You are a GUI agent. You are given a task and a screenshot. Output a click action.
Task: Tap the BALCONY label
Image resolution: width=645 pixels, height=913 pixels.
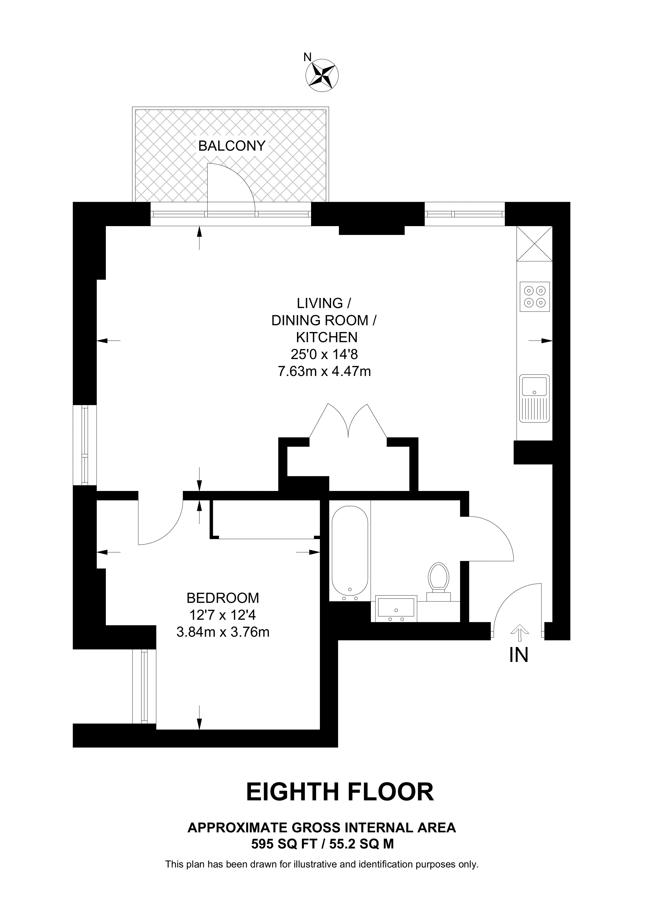(x=232, y=146)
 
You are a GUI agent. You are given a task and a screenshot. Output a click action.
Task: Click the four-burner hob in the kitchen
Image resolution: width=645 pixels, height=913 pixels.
(x=534, y=297)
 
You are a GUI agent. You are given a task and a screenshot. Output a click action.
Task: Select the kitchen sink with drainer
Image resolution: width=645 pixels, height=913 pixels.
(x=534, y=398)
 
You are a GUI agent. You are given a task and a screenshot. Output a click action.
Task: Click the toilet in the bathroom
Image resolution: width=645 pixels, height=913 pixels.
(x=438, y=581)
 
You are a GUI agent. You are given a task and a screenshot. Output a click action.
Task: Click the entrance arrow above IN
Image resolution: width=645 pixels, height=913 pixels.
(x=519, y=633)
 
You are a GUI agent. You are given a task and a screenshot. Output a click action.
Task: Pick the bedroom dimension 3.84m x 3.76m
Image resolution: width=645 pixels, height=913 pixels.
(x=223, y=632)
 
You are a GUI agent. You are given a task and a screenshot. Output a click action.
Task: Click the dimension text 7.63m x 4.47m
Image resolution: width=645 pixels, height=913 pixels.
(x=324, y=371)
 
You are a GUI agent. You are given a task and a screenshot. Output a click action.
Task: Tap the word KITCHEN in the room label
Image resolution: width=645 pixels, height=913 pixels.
(x=327, y=337)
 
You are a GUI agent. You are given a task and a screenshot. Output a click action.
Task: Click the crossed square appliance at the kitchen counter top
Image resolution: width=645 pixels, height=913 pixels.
(x=534, y=243)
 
